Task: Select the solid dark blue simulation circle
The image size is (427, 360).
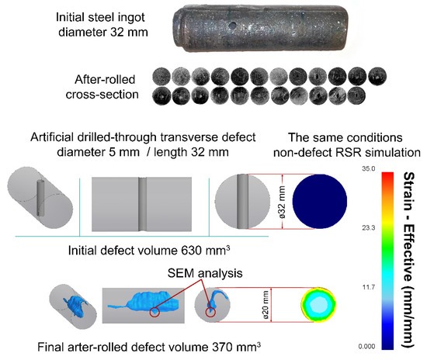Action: (x=314, y=202)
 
